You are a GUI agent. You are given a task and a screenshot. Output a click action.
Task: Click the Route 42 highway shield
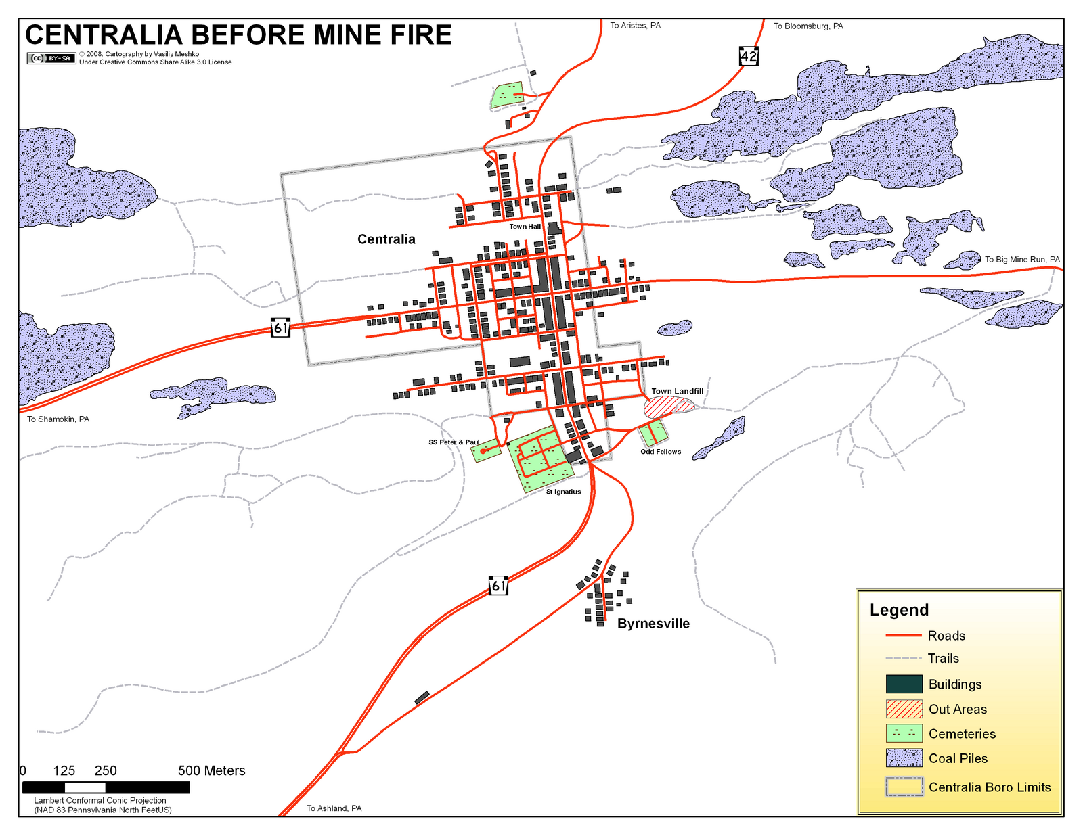pos(749,56)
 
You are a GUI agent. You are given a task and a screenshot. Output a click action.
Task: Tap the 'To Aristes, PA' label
pos(635,26)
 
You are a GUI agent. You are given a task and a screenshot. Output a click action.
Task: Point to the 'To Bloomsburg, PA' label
pos(808,26)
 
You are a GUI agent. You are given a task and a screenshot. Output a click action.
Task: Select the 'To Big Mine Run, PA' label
pos(1022,260)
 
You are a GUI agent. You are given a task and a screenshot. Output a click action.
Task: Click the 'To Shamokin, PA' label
pos(58,419)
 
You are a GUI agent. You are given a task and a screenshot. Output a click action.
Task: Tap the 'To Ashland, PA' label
pos(334,808)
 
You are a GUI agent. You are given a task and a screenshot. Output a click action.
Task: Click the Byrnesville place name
pos(653,624)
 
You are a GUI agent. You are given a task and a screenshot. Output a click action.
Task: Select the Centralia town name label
pos(386,239)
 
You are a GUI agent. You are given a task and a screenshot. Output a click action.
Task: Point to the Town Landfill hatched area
pos(668,407)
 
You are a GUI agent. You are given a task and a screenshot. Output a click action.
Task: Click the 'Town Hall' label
pos(525,227)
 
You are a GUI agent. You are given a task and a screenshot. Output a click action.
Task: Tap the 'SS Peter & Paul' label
pos(454,442)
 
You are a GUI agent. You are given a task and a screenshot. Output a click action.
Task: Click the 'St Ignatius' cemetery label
pos(563,492)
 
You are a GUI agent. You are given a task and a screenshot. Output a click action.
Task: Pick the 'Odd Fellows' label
pos(661,452)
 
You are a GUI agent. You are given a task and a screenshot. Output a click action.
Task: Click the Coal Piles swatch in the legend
pos(904,758)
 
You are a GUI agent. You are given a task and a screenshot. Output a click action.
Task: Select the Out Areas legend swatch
pos(904,709)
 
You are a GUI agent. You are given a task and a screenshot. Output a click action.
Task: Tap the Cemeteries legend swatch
pos(904,734)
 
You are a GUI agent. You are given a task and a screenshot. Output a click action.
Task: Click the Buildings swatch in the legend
pos(904,684)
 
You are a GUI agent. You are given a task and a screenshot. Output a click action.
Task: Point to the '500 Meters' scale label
pos(211,771)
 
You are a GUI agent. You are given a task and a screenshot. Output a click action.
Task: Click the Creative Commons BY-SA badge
pos(51,58)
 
